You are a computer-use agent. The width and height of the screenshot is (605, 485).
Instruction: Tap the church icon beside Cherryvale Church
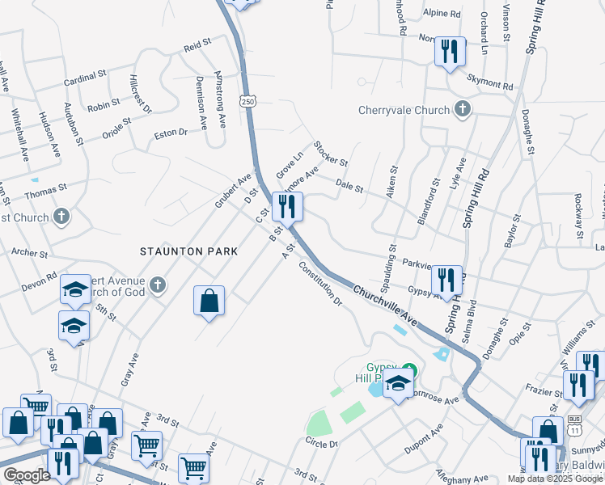tap(462, 108)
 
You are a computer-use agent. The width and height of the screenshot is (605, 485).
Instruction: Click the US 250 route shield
tap(247, 101)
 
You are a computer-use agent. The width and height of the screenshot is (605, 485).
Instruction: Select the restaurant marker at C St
tap(287, 207)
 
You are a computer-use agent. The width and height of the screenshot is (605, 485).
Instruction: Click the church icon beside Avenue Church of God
tap(158, 285)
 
